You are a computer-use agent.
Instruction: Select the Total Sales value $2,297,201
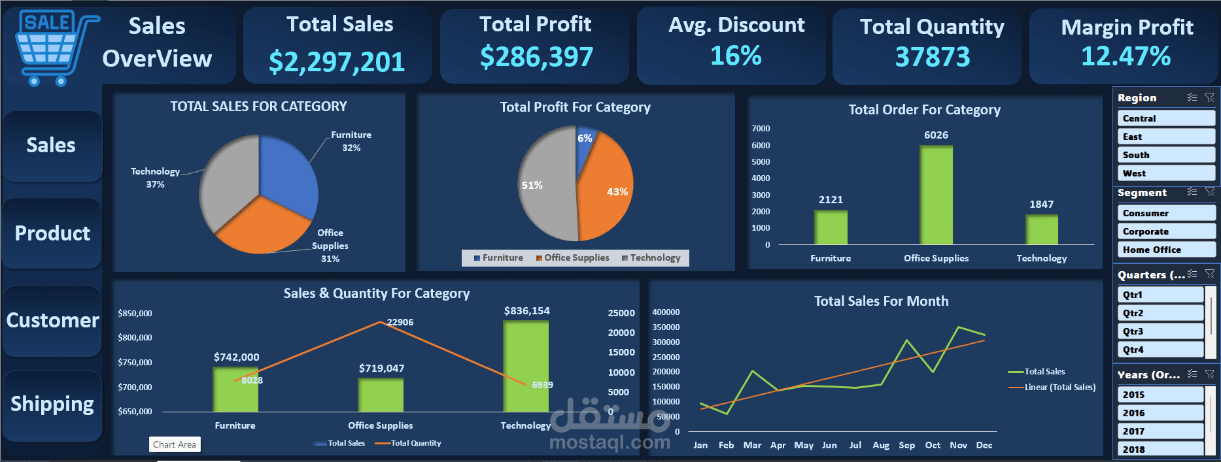[x=337, y=62]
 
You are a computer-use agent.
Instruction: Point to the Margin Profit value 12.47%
[x=1126, y=57]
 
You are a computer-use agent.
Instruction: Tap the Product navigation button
[x=52, y=233]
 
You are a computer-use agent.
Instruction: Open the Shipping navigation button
[x=52, y=404]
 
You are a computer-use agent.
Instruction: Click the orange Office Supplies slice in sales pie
[x=258, y=225]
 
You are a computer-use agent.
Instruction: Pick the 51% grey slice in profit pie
[x=546, y=186]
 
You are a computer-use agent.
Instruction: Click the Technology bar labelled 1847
[x=1041, y=229]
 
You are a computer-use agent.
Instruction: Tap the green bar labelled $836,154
[x=526, y=366]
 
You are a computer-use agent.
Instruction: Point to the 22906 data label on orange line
[x=400, y=322]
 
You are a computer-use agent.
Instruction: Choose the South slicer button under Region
[x=1166, y=155]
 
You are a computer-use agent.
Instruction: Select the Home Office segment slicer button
[x=1166, y=250]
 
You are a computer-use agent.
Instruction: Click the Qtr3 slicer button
[x=1160, y=331]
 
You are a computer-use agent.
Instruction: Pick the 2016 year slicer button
[x=1160, y=413]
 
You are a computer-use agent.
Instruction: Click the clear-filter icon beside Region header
[x=1209, y=97]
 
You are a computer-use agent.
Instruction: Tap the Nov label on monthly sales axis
[x=958, y=445]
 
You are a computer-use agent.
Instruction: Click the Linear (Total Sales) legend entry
[x=1059, y=387]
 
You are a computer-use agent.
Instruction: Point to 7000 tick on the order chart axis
[x=761, y=129]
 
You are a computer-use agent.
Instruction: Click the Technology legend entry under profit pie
[x=651, y=258]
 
